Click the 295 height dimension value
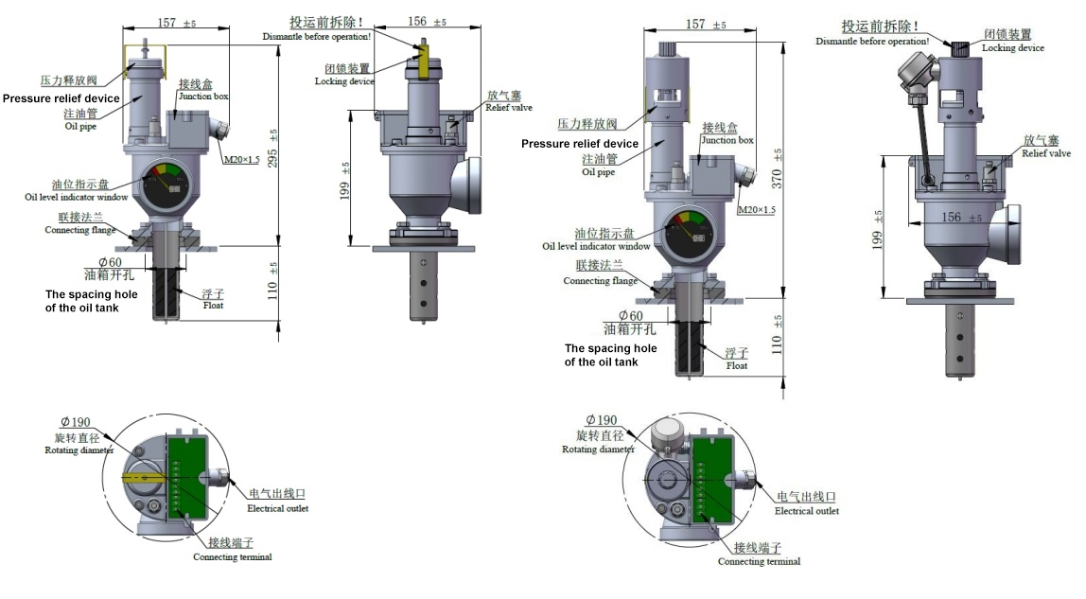[x=272, y=158]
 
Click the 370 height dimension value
[x=777, y=178]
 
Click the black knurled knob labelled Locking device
[x=960, y=48]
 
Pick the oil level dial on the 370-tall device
[x=686, y=233]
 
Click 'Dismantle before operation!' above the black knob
[x=872, y=42]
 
